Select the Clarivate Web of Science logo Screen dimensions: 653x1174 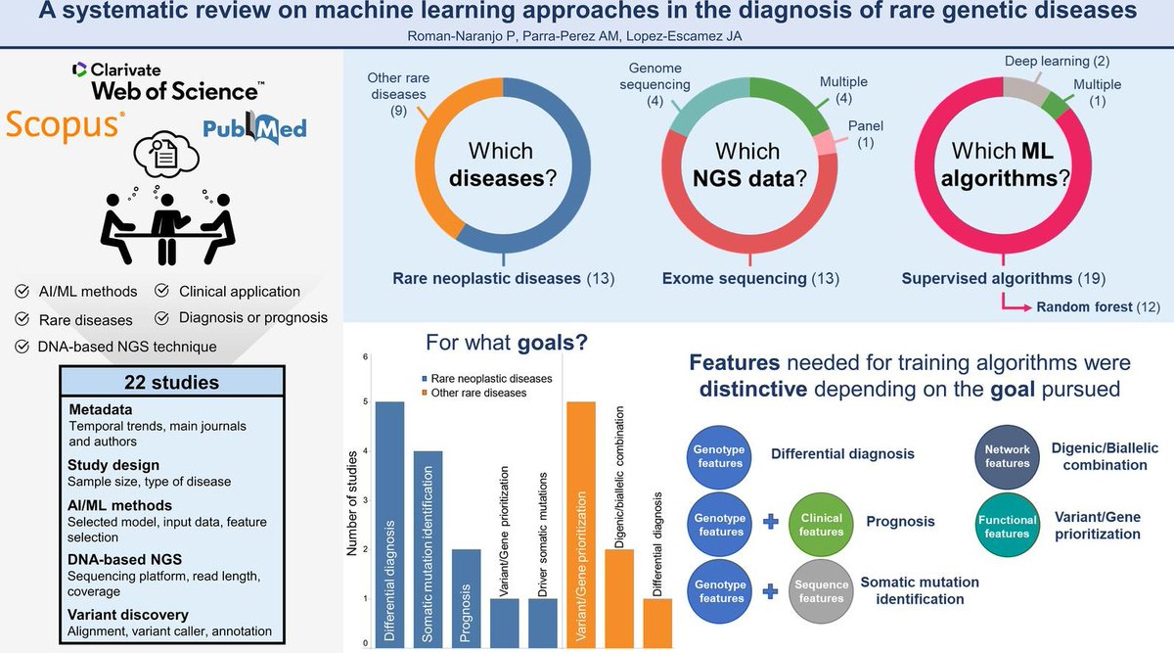(167, 80)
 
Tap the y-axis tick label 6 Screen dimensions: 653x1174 (365, 356)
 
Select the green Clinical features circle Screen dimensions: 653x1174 (821, 523)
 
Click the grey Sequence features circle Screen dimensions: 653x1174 (821, 590)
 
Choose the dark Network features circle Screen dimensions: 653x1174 (1007, 456)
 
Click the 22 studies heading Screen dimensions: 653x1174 (172, 381)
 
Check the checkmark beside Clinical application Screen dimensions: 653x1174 (162, 291)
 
